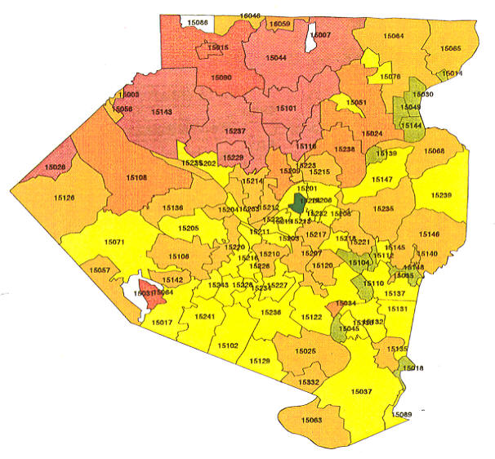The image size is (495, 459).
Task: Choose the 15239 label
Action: (441, 196)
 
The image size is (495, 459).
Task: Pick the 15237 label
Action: (234, 131)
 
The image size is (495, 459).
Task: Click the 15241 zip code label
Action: (205, 317)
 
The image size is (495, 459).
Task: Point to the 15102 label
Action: (228, 345)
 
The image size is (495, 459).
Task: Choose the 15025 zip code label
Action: (305, 351)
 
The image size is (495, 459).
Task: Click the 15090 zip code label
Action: (221, 78)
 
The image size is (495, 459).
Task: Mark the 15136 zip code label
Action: (172, 208)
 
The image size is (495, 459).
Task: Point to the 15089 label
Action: (402, 415)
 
